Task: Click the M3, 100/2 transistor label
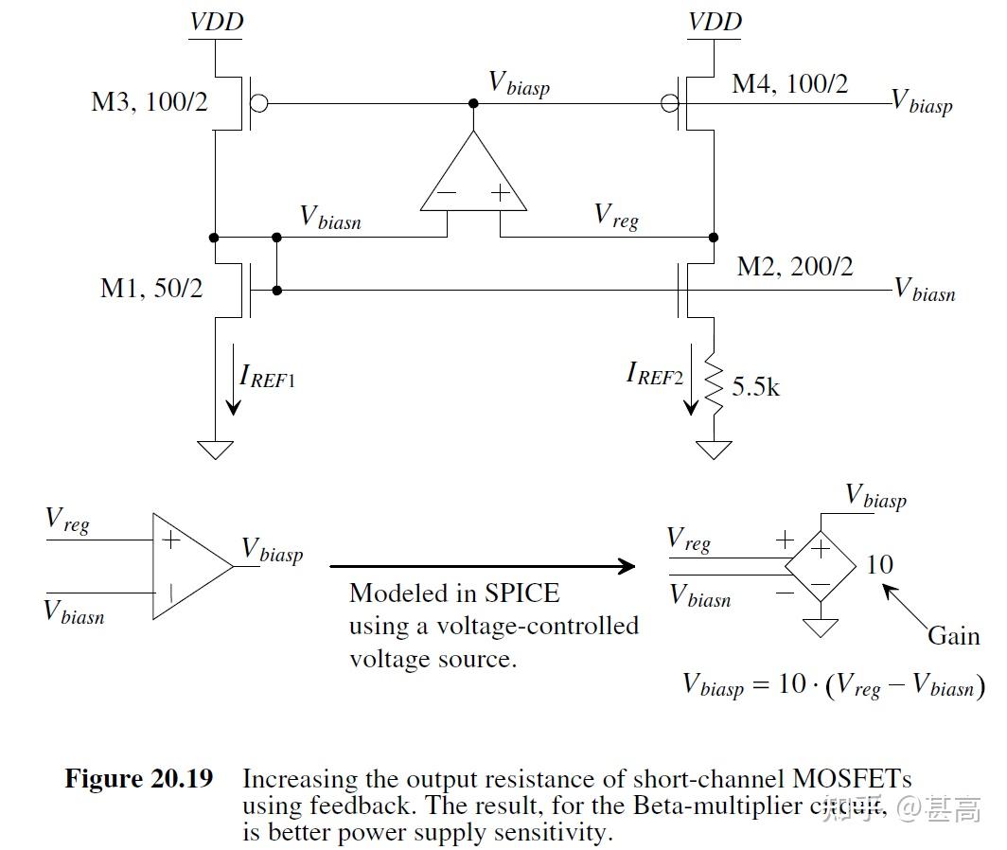pos(149,102)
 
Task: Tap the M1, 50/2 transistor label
pos(151,288)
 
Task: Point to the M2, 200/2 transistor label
pos(794,267)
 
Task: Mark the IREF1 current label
pos(267,378)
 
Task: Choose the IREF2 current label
pos(654,374)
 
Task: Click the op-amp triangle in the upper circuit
pos(473,175)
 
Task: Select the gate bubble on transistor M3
pos(259,102)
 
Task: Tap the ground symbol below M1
pos(217,449)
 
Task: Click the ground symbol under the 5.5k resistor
pos(714,449)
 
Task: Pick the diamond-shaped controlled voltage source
pos(820,565)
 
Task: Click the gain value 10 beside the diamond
pos(879,565)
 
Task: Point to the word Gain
pos(953,635)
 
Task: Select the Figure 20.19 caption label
pos(138,779)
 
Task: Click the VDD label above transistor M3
pos(216,21)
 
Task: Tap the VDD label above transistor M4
pos(714,21)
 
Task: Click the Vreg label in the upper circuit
pos(616,216)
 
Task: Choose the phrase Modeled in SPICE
pos(454,593)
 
